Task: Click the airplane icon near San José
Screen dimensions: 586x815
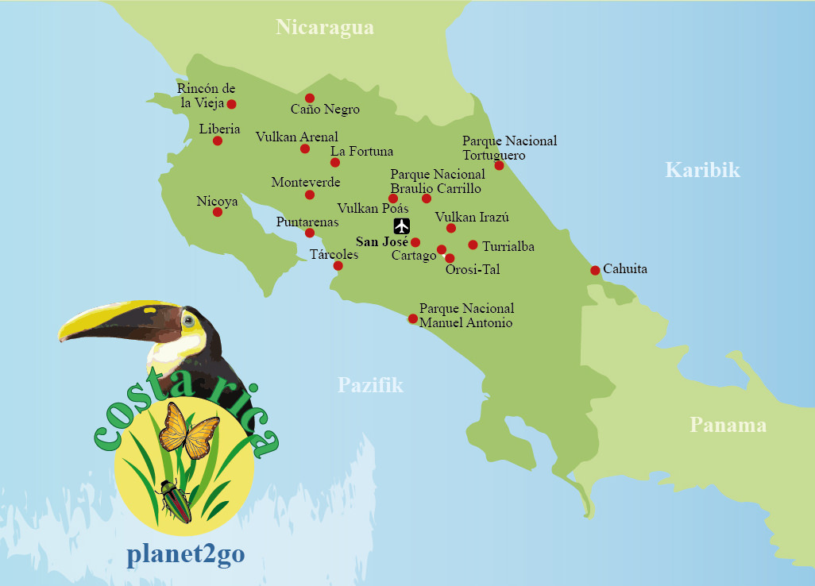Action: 401,226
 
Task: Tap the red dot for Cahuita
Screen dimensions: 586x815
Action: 595,271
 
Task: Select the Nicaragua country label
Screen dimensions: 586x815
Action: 324,28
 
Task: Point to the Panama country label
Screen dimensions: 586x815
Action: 728,425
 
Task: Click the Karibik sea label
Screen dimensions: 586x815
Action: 702,170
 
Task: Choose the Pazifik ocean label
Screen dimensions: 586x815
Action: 370,386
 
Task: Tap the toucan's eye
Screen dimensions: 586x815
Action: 188,321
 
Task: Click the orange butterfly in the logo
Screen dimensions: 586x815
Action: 188,430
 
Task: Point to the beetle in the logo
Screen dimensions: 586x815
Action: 176,501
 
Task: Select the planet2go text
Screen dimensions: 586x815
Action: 185,554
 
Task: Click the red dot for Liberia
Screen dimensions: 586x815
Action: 218,141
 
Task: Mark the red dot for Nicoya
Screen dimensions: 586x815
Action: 218,212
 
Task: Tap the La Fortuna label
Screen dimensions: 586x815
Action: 361,151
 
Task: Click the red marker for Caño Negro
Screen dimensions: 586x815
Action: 310,98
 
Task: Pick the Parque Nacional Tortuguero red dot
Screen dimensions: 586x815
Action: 499,165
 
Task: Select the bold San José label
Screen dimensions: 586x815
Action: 381,242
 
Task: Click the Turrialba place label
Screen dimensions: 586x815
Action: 508,247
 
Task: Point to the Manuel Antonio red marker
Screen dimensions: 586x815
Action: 412,319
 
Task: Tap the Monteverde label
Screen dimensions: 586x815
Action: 306,183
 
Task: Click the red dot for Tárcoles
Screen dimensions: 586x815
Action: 338,266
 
